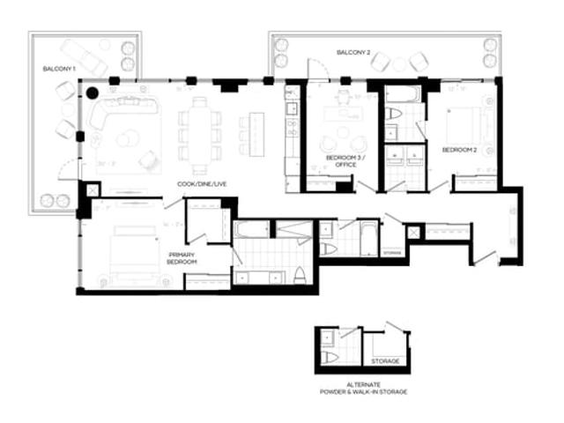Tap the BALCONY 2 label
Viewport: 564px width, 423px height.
353,54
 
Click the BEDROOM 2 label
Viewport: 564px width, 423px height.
459,150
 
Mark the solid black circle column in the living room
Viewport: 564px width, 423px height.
92,92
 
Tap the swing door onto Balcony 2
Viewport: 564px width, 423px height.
312,70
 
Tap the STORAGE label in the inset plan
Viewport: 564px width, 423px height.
384,361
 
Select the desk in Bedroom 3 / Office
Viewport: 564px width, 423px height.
338,115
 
